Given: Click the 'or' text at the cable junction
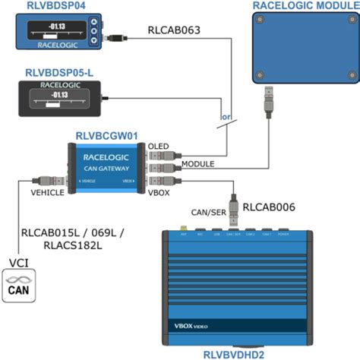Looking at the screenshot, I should pyautogui.click(x=226, y=118).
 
